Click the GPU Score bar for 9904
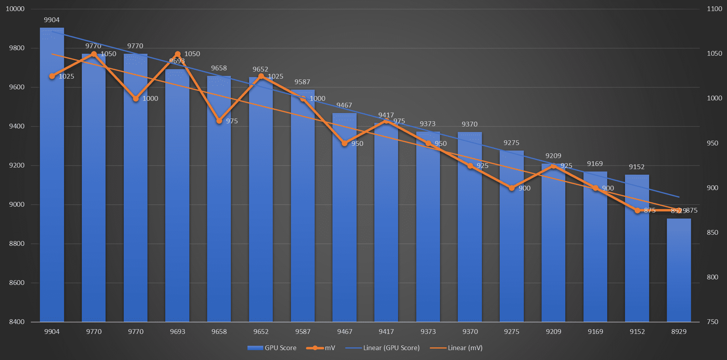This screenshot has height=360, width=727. (x=52, y=178)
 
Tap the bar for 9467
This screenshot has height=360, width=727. (x=344, y=221)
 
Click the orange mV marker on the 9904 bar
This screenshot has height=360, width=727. (x=52, y=76)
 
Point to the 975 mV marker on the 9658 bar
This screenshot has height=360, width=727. (x=219, y=121)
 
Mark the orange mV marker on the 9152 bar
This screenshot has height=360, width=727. (x=637, y=211)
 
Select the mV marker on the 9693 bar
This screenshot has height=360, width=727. (x=178, y=54)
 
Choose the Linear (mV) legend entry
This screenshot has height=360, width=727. (x=456, y=348)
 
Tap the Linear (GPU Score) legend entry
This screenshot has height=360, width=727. (x=383, y=348)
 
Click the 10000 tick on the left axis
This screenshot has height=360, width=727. (x=15, y=9)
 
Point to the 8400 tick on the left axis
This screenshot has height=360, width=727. (x=17, y=322)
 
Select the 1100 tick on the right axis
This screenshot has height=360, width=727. (x=714, y=9)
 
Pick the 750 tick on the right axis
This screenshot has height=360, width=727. (x=712, y=322)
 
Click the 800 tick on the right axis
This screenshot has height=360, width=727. (x=712, y=277)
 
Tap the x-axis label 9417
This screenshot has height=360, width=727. (x=386, y=332)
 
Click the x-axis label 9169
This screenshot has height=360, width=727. (x=595, y=332)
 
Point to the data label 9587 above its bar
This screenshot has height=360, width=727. (x=302, y=82)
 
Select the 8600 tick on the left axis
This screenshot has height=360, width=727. (x=17, y=283)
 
